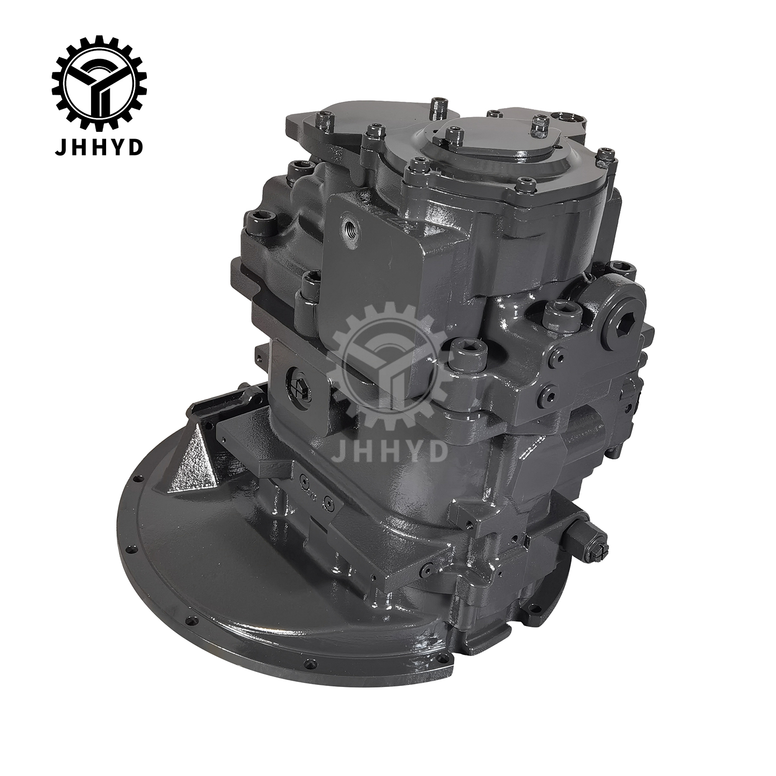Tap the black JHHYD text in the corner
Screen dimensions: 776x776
pos(99,133)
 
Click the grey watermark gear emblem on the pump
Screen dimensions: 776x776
pos(388,363)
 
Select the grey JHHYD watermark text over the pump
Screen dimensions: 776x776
pos(389,450)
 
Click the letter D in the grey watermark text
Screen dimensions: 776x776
pos(436,450)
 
